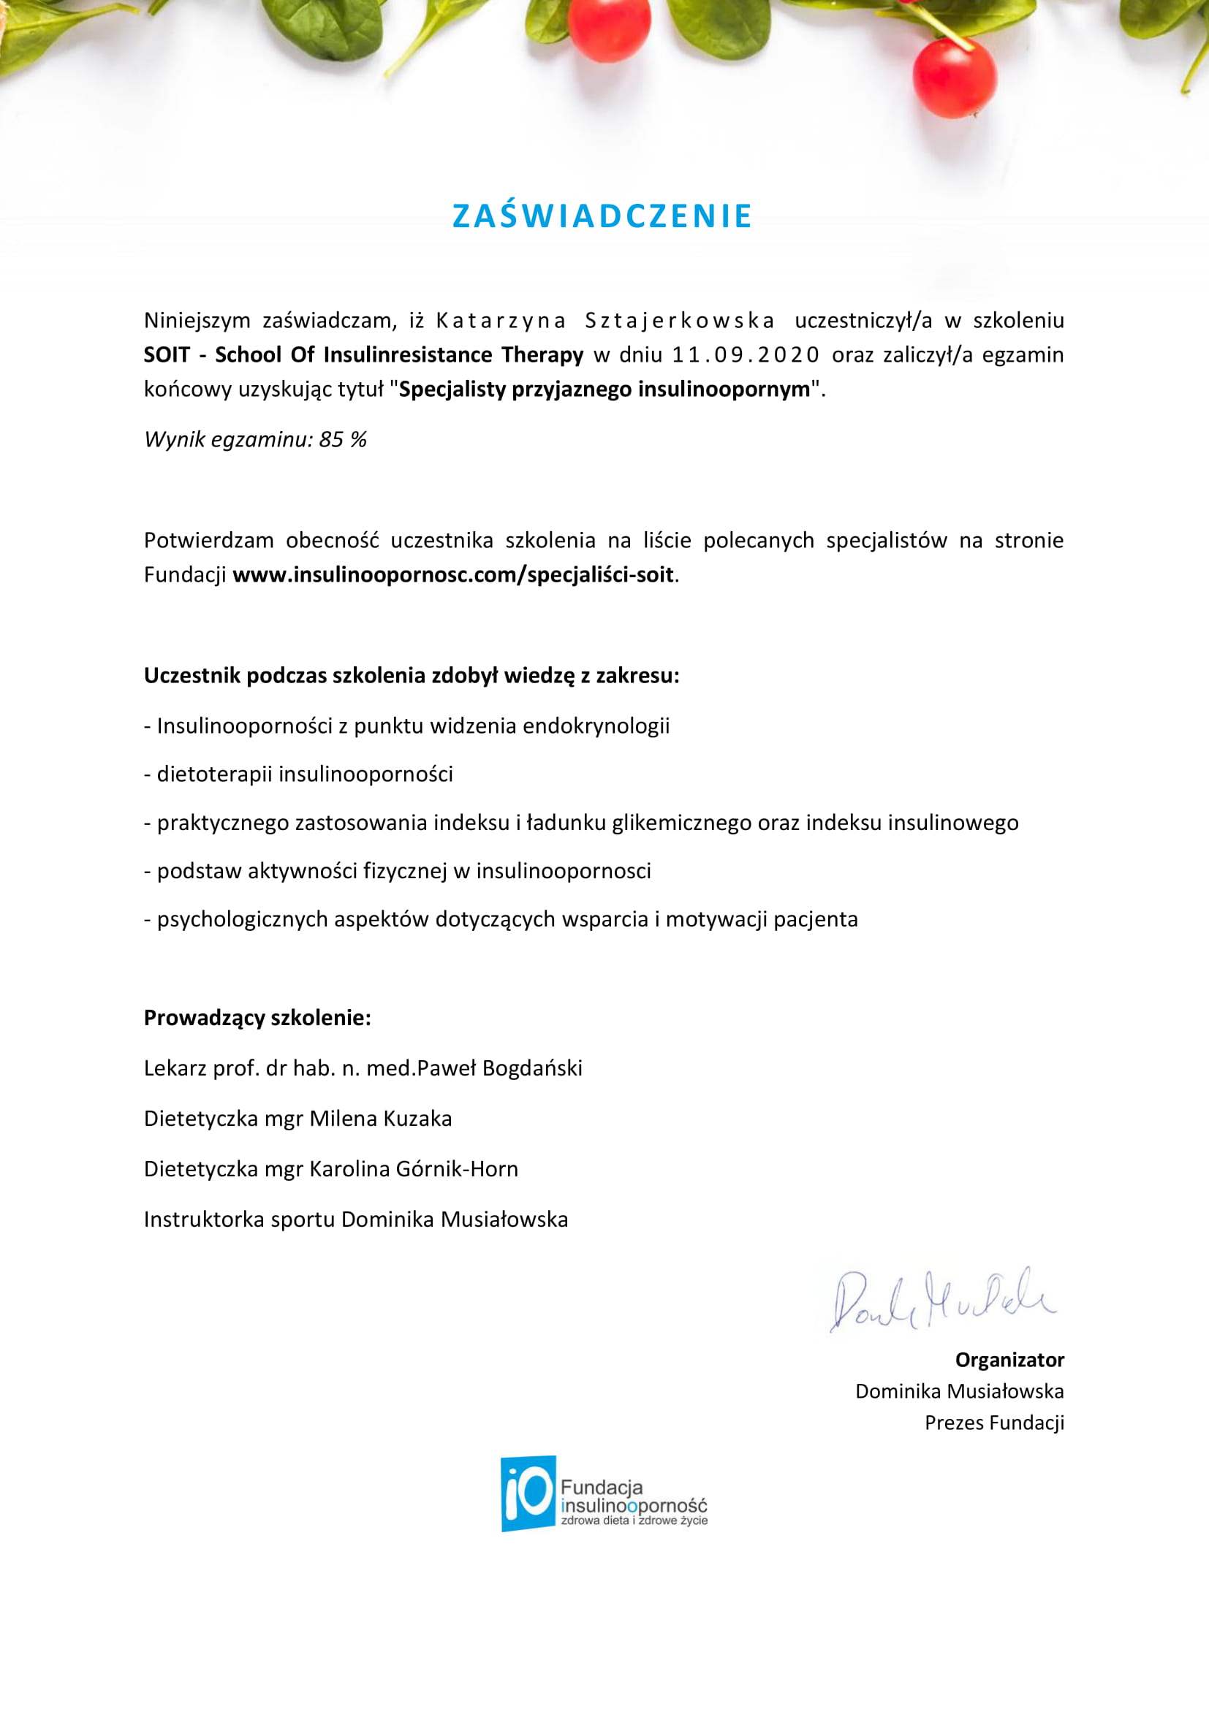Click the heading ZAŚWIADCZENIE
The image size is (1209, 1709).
(603, 216)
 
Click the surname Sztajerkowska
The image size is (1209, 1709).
(679, 321)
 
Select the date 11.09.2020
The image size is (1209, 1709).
(745, 355)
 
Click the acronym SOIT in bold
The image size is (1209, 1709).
(167, 355)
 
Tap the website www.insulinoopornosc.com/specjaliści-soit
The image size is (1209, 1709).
(452, 574)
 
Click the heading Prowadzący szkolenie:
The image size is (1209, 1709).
(257, 1018)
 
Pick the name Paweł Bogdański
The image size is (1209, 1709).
(499, 1068)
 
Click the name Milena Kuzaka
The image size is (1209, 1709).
(380, 1119)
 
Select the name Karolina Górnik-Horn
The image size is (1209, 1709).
(413, 1168)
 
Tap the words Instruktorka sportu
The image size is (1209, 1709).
(238, 1219)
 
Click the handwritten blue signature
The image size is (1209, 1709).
(941, 1299)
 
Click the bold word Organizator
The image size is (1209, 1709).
(1009, 1360)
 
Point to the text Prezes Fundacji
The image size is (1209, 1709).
(994, 1423)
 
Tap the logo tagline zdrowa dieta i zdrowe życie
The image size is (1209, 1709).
(634, 1520)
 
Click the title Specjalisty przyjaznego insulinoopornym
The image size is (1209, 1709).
(604, 389)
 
